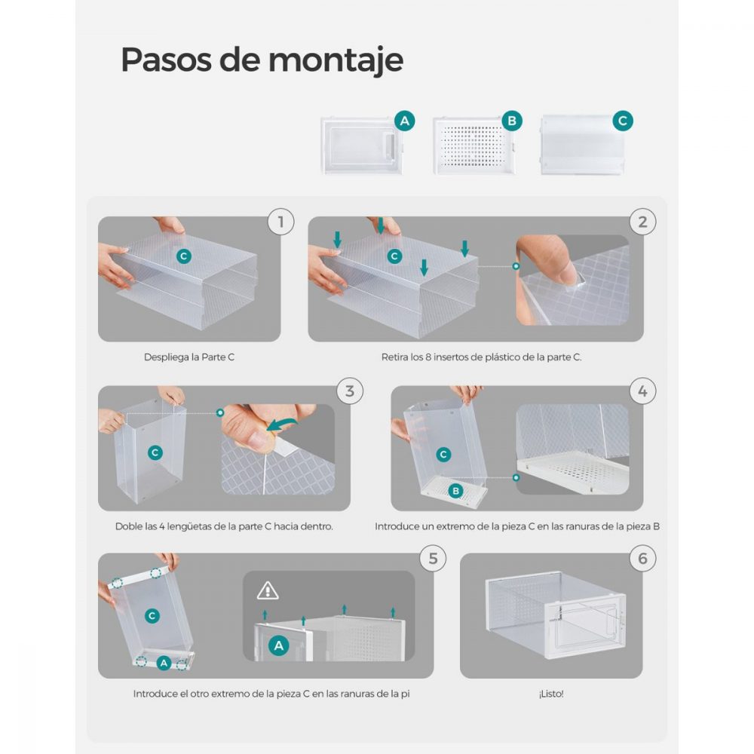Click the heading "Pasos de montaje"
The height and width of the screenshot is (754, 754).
[x=262, y=60]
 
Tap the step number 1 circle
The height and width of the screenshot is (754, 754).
[x=280, y=222]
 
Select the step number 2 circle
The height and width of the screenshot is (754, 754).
[x=642, y=222]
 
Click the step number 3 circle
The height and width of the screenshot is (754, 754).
[x=350, y=391]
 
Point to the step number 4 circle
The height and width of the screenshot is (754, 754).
[x=642, y=391]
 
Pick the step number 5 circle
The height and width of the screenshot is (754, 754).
[x=433, y=558]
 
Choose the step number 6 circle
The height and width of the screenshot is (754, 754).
[x=642, y=558]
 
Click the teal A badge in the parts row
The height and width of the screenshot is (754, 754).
[x=404, y=121]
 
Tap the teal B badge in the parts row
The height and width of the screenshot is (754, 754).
[x=512, y=121]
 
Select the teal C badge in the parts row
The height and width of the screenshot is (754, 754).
[x=623, y=121]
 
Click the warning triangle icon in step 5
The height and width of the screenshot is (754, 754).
[x=268, y=590]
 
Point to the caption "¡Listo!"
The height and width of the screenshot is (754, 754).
[x=551, y=694]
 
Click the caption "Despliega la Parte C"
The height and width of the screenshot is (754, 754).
[x=189, y=357]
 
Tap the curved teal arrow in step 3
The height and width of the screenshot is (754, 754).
[x=282, y=423]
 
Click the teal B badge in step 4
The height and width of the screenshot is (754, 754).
[x=455, y=491]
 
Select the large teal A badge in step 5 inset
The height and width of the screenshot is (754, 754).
[x=279, y=646]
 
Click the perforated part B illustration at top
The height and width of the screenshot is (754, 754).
[x=474, y=146]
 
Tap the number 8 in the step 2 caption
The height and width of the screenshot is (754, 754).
[x=428, y=357]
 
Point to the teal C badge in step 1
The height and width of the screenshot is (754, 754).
[x=184, y=256]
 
